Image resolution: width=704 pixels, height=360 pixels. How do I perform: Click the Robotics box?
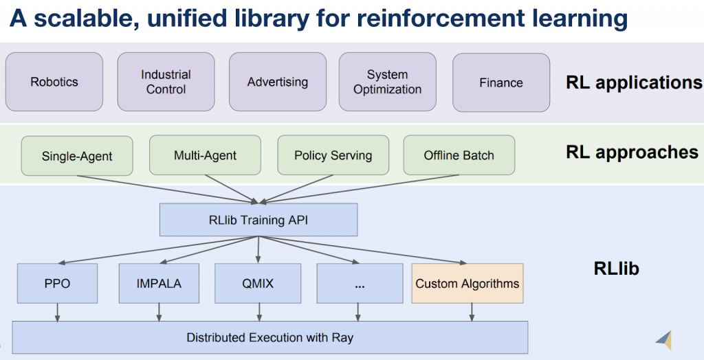(x=54, y=82)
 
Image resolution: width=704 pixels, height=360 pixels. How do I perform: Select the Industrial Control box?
(x=166, y=82)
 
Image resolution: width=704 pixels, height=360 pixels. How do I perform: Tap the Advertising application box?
(x=278, y=82)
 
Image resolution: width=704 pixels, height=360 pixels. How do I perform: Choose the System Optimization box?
(x=387, y=82)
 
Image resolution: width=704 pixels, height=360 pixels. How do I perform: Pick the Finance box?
(x=500, y=82)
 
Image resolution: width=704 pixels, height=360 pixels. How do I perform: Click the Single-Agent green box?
(x=77, y=155)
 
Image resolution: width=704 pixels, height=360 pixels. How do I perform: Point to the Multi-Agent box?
(x=205, y=155)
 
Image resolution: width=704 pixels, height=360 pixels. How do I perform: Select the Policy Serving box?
(x=333, y=155)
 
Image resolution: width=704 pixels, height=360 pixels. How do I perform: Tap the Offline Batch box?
(x=459, y=155)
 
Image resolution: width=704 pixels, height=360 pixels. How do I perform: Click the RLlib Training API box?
(x=258, y=220)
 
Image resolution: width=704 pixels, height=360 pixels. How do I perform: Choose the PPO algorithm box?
(x=57, y=283)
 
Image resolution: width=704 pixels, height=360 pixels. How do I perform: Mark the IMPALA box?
(x=159, y=283)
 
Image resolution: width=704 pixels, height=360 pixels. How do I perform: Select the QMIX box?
(x=258, y=283)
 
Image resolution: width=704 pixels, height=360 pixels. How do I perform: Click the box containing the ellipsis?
(x=360, y=283)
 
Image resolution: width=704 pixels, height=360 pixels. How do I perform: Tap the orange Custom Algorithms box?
(x=467, y=283)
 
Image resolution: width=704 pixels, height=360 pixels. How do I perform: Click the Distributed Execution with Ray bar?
(x=269, y=337)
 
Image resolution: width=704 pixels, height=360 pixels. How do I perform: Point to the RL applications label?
(x=633, y=82)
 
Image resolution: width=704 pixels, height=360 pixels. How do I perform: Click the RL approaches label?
(x=632, y=152)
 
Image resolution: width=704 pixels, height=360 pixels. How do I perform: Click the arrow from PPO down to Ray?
(x=57, y=311)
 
